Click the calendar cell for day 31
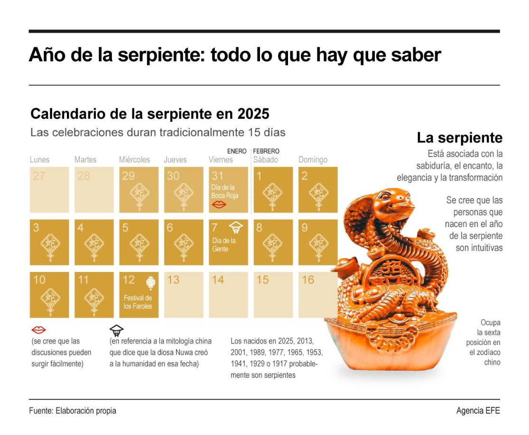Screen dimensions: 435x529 coord(229,190)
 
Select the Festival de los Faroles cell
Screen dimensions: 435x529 coord(139,294)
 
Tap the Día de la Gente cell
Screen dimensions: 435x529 coord(229,242)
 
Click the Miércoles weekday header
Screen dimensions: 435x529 coord(134,160)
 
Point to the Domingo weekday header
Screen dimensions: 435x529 coord(313,160)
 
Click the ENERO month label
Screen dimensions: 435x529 coord(237,151)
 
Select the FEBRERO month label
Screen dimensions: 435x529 coord(266,151)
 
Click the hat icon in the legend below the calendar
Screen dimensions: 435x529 coord(116,330)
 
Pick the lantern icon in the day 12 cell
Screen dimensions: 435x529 coord(151,283)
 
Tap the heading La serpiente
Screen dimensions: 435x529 coord(459,138)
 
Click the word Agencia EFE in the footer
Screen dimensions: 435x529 coord(478,411)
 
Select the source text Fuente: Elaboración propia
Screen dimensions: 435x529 coord(72,411)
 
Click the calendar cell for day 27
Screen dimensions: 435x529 coord(49,190)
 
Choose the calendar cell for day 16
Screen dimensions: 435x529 coord(318,294)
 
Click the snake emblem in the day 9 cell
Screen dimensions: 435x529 coord(318,245)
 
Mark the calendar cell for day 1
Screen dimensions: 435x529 coord(273,190)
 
